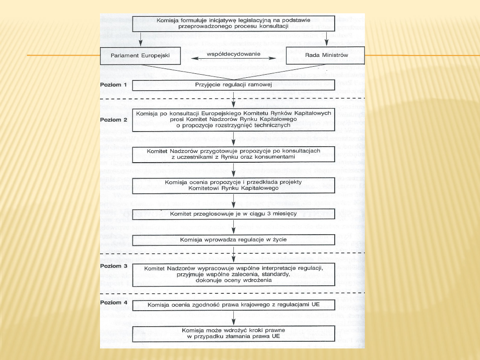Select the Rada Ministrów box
325,56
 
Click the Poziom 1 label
113,84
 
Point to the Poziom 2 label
113,120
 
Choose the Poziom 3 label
113,266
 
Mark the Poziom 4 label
113,303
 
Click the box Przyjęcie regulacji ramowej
234,84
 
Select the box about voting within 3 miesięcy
234,214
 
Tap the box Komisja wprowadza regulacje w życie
234,240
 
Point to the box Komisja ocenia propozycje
234,185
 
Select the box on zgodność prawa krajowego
234,305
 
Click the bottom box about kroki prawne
234,333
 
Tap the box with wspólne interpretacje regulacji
234,274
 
